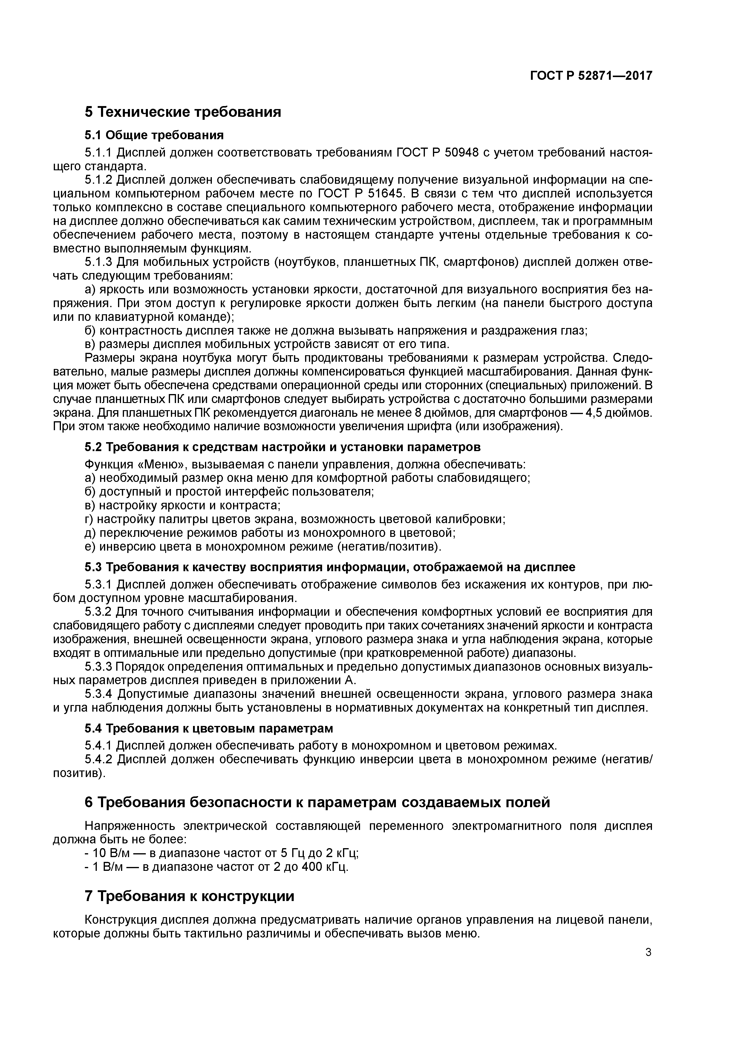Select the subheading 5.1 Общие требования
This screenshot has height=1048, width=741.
(x=154, y=135)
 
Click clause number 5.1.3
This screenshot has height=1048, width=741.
(x=98, y=263)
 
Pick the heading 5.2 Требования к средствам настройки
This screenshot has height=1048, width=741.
(x=282, y=446)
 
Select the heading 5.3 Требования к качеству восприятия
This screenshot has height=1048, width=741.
(x=330, y=567)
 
